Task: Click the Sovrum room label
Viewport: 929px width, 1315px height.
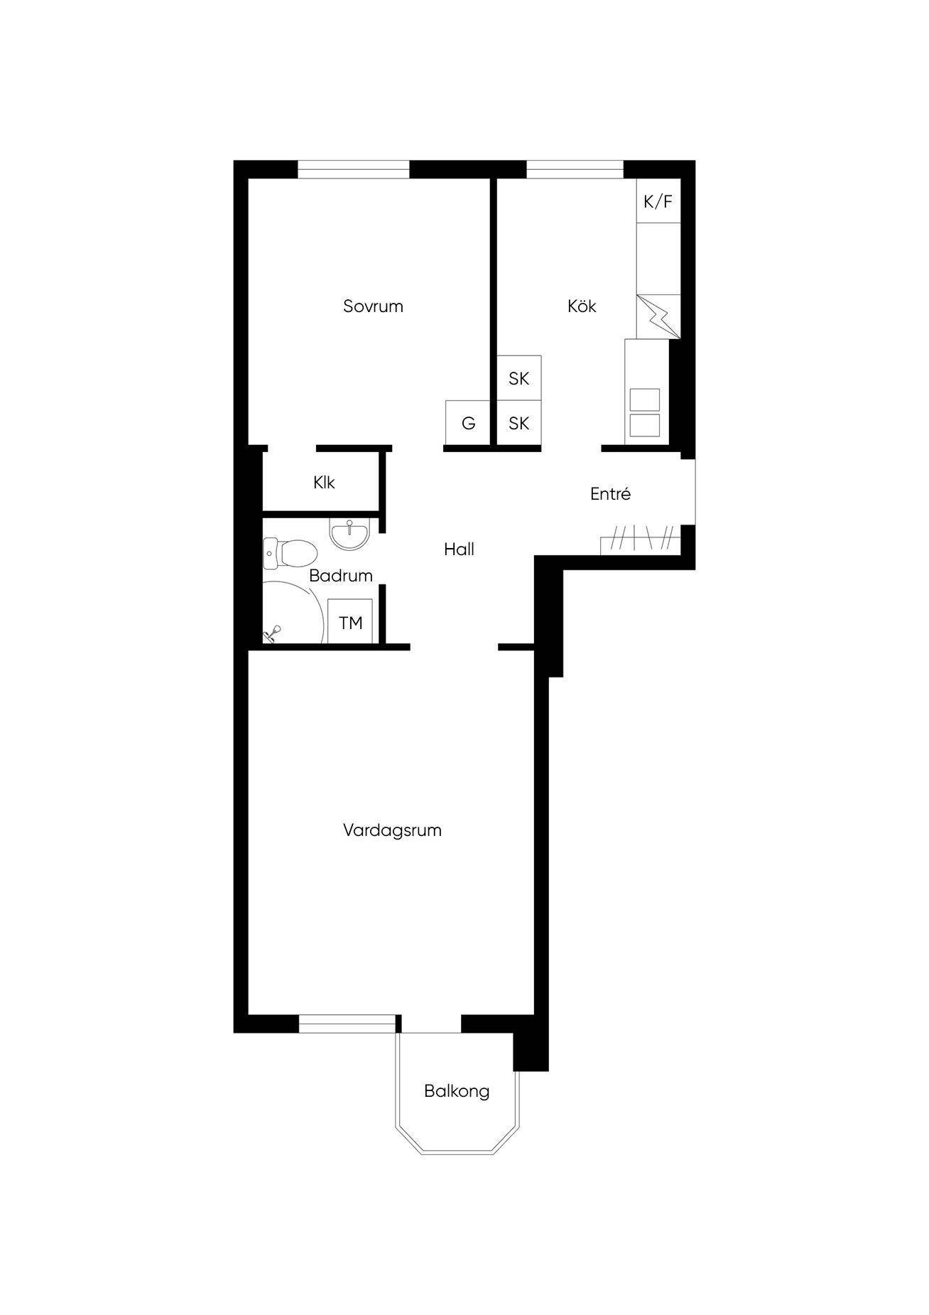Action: (373, 306)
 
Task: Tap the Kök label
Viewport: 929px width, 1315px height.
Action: (582, 306)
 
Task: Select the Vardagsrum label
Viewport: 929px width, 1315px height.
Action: (392, 830)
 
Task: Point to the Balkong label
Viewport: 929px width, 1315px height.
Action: (457, 1091)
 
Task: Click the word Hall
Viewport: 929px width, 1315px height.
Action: (459, 549)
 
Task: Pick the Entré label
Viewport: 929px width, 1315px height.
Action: (610, 494)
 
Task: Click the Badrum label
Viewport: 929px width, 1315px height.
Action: (341, 576)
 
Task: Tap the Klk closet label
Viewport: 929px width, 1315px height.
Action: (324, 483)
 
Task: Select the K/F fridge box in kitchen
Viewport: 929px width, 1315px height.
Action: (658, 201)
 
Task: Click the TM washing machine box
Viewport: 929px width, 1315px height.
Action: (351, 622)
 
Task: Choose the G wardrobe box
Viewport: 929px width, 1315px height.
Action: (468, 423)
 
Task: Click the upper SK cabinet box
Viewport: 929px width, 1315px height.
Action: (518, 378)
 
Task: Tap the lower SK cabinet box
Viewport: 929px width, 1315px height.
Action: (518, 424)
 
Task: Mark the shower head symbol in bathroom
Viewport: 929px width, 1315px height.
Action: (273, 632)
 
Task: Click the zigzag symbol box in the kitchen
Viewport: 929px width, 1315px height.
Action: (658, 317)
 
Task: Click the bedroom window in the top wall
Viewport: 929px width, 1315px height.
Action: (354, 169)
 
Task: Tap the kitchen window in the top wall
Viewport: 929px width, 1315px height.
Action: (575, 169)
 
